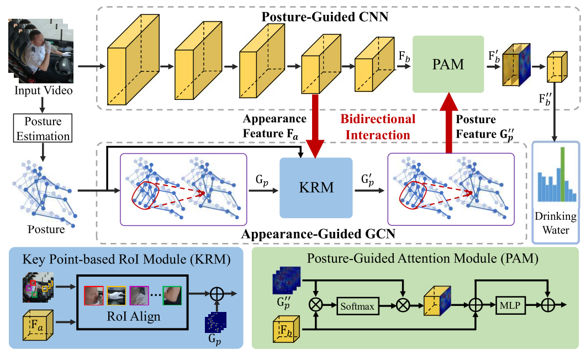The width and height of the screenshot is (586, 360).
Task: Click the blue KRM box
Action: (x=316, y=187)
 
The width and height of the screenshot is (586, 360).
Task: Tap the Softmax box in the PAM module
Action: (x=358, y=305)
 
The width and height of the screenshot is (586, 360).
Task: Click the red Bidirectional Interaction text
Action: (x=378, y=127)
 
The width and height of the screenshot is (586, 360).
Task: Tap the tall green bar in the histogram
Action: (x=562, y=174)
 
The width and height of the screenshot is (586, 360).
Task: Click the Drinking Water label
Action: (x=555, y=223)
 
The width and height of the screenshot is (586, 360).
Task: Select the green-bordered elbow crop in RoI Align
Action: (x=171, y=295)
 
